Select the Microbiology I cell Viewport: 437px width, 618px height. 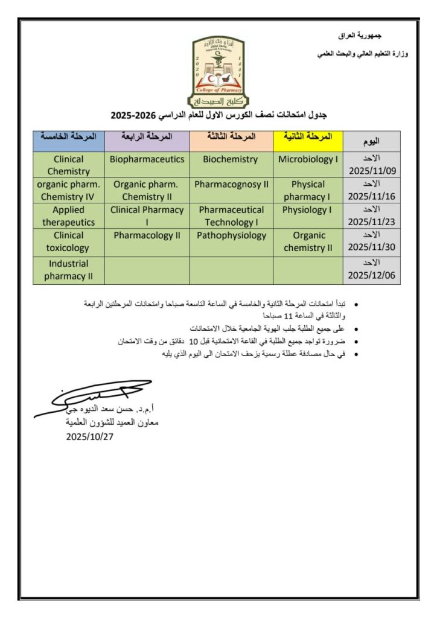coord(308,160)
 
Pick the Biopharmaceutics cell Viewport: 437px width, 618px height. coord(147,160)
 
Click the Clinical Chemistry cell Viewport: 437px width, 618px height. coord(68,165)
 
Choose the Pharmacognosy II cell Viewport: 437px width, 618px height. coord(231,185)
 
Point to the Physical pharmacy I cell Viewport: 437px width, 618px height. coord(308,190)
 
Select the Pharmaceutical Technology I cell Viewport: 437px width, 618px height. coord(231,215)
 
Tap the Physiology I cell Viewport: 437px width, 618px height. coord(308,210)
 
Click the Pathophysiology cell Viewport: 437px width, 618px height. coord(231,235)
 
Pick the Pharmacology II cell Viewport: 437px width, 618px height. coord(147,235)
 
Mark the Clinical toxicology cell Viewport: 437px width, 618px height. coord(68,241)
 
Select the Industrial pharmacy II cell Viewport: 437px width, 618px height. coord(68,270)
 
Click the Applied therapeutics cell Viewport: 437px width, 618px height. coord(68,215)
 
